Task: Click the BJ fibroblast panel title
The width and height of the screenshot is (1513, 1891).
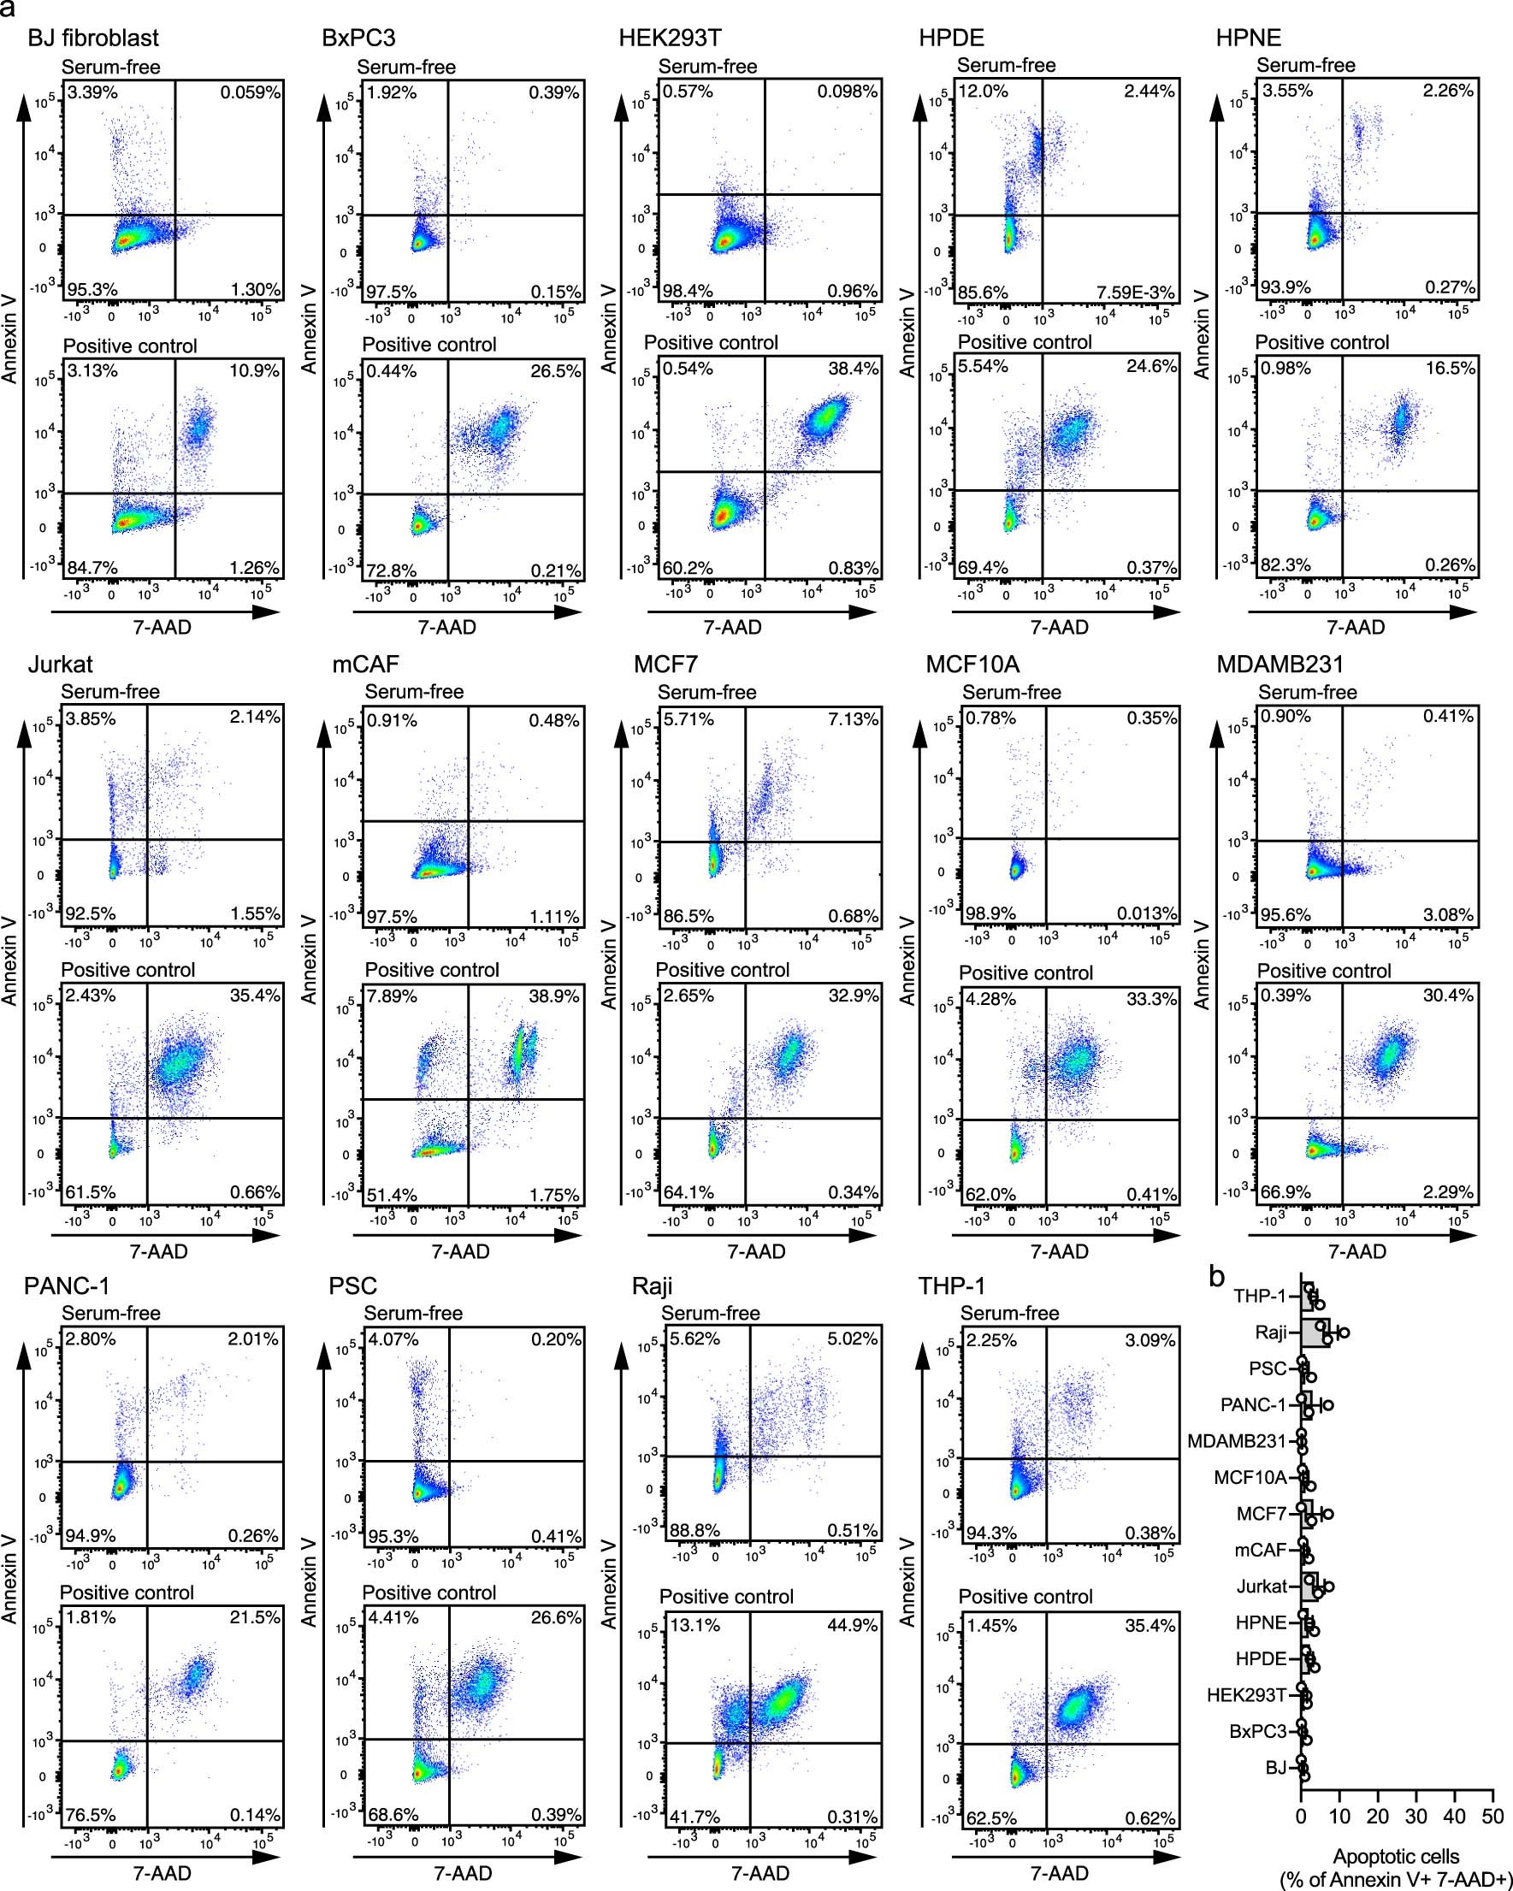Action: [93, 38]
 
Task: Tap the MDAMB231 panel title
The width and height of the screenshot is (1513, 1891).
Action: [1280, 664]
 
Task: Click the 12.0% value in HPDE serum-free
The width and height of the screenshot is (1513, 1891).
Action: [983, 92]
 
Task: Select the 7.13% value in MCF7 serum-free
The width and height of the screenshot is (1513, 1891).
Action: [853, 719]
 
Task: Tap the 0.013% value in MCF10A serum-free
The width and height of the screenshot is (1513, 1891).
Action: [1146, 914]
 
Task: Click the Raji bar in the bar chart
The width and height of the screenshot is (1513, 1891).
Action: [1315, 1334]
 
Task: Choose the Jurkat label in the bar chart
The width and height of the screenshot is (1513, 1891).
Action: [1262, 1587]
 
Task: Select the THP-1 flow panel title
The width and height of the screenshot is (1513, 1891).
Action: [951, 1286]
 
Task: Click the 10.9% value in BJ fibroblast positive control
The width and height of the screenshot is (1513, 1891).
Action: [254, 371]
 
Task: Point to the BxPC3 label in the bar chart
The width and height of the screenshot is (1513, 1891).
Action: [1258, 1731]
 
